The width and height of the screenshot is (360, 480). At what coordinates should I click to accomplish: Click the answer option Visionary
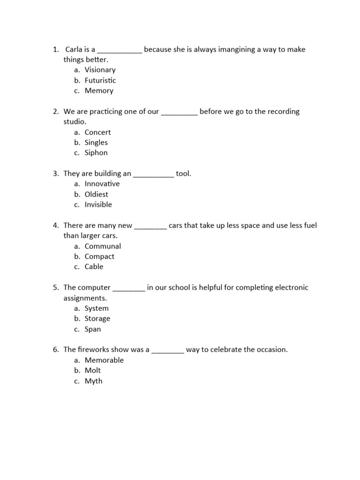click(x=100, y=70)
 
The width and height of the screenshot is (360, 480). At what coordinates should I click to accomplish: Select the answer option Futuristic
click(x=100, y=80)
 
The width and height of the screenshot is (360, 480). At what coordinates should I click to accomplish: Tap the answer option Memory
click(x=99, y=90)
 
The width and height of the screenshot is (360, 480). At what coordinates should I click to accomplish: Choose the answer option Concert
click(x=97, y=132)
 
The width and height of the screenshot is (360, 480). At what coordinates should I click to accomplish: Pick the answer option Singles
click(x=96, y=142)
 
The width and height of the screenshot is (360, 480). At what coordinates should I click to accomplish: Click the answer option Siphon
click(x=96, y=153)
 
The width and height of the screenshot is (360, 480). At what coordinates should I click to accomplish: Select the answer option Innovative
click(x=102, y=184)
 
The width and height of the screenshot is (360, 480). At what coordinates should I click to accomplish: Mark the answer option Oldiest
click(x=97, y=194)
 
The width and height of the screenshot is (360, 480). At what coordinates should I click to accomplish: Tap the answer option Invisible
click(x=98, y=204)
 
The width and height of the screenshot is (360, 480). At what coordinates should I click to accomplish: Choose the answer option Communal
click(x=103, y=246)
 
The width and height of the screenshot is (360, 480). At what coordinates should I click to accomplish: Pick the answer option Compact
click(x=99, y=256)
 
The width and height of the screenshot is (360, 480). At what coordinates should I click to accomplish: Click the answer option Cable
click(x=94, y=267)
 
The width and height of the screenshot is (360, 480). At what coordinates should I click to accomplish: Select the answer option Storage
click(x=97, y=319)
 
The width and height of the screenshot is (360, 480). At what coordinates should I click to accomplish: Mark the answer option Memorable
click(x=104, y=360)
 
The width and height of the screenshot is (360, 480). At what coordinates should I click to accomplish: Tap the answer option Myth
click(x=93, y=381)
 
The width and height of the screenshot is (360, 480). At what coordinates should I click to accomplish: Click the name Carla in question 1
click(x=74, y=49)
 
